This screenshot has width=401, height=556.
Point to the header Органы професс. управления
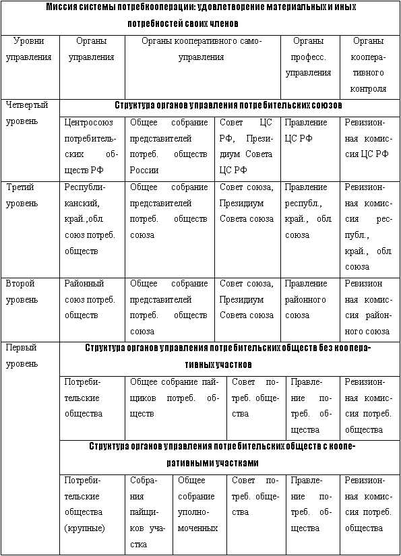click(308, 57)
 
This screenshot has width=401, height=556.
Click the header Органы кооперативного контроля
click(369, 65)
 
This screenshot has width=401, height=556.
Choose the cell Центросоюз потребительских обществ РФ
click(91, 146)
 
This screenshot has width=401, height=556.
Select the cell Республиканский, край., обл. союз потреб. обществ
click(91, 219)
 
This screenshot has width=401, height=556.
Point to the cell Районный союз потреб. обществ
click(91, 299)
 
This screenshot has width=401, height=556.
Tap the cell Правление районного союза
click(308, 299)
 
